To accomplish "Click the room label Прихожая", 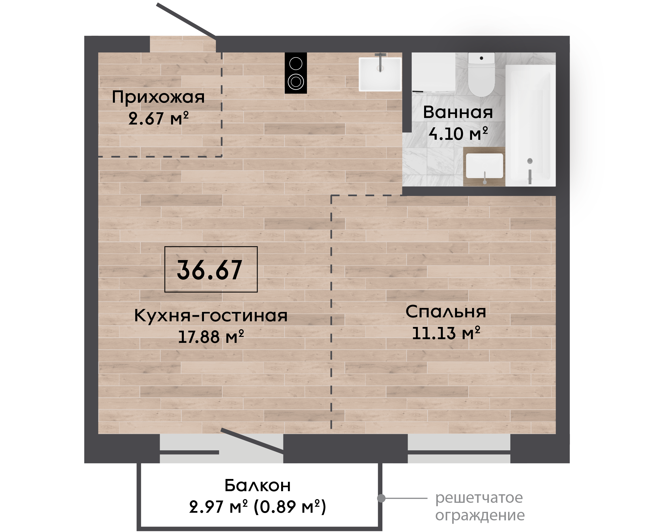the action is [158, 98].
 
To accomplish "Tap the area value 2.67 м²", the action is [158, 118].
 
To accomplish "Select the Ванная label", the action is [458, 112].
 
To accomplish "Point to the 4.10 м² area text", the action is [458, 134].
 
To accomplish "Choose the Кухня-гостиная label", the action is [211, 315].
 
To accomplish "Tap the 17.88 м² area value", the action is [211, 337].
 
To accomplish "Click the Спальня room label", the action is [446, 312].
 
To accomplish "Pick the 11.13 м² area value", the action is [446, 333].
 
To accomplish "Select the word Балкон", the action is [258, 485].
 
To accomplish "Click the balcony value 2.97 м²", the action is [218, 507].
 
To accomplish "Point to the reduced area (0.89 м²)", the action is [290, 507].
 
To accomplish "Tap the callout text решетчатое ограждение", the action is [480, 506].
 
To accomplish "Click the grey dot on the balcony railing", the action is [381, 498].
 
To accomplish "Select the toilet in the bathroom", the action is [481, 75].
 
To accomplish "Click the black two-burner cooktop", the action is [296, 73].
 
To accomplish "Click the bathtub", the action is [530, 125].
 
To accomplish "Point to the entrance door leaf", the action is [186, 20].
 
